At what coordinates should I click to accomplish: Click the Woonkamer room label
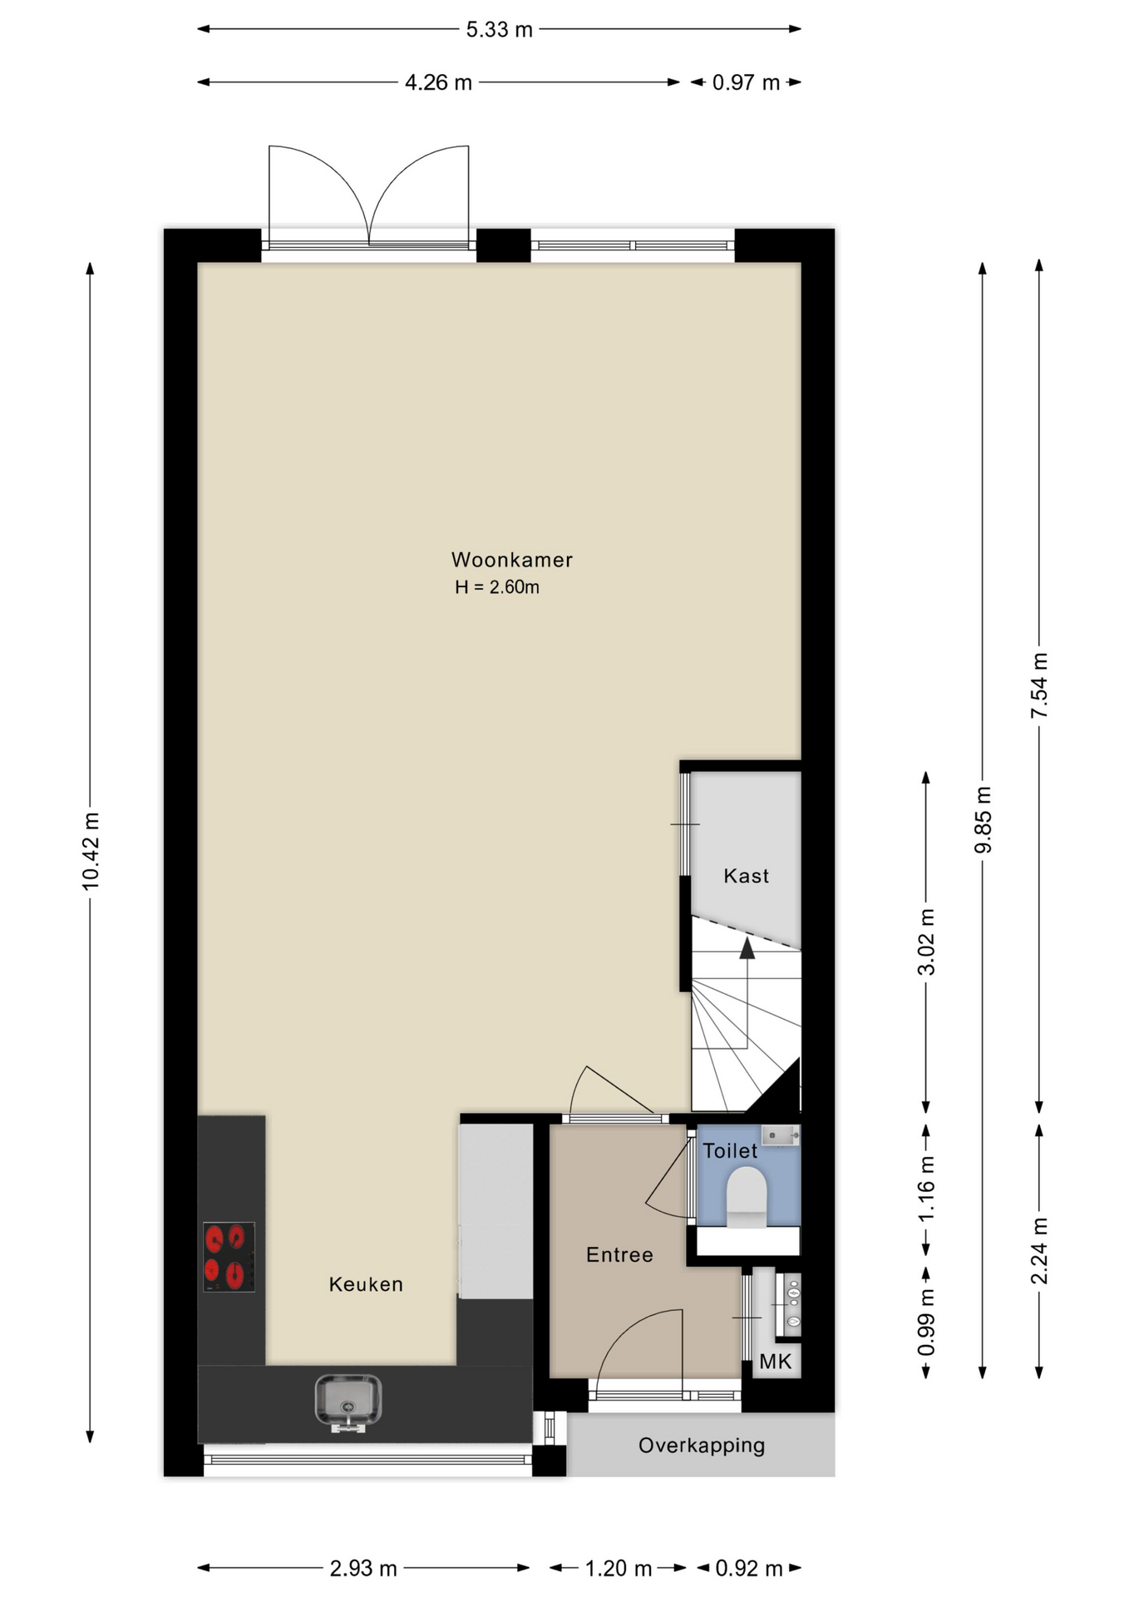[511, 560]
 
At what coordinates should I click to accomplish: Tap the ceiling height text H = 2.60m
[497, 587]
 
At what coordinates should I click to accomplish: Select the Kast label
[746, 876]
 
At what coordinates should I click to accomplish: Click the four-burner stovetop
[229, 1257]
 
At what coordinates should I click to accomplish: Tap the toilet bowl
[747, 1198]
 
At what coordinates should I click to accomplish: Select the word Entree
[619, 1255]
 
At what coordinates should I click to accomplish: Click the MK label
[776, 1362]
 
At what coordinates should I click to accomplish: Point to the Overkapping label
[702, 1446]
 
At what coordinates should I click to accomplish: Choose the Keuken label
[366, 1284]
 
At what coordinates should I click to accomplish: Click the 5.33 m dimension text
[499, 30]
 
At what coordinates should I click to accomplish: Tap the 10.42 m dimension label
[91, 851]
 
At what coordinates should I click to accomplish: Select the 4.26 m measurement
[438, 83]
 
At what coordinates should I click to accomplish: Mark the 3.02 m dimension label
[926, 942]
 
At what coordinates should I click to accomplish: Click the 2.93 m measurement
[363, 1569]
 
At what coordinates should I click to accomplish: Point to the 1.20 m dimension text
[618, 1569]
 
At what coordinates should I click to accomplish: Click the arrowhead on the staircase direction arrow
[747, 948]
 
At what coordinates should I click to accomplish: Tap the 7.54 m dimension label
[1039, 686]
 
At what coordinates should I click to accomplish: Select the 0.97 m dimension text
[746, 83]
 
